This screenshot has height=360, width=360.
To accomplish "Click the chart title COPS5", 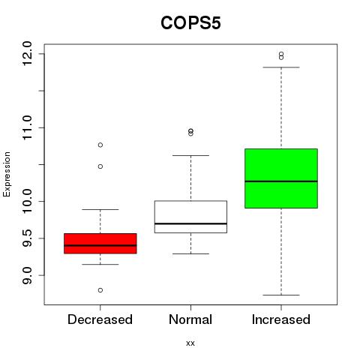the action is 190,23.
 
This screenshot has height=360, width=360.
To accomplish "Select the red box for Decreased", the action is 100,244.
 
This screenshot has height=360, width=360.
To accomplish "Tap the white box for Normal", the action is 190,217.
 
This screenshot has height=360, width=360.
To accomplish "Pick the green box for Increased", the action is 281,178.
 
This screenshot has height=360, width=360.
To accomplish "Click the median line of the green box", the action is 281,181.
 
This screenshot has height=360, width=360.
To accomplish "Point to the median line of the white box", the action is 190,223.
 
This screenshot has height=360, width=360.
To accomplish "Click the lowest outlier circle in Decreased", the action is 100,290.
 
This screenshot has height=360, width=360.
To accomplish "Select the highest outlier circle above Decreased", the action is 100,145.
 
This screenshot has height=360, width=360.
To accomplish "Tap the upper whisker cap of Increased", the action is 281,67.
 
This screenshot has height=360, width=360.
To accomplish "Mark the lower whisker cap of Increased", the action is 281,295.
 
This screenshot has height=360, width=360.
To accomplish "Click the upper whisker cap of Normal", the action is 190,155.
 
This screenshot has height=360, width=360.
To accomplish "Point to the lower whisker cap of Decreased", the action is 100,264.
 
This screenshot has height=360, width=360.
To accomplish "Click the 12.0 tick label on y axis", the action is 27,53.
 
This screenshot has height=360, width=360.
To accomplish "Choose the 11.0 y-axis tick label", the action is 27,127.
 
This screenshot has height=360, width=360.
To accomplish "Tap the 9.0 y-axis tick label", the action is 27,275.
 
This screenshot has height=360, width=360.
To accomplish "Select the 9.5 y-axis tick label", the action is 27,238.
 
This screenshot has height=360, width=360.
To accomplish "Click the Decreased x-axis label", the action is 100,319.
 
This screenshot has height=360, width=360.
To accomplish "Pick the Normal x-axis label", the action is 190,319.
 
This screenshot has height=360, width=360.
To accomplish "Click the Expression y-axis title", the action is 7,174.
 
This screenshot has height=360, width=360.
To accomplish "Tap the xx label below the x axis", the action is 190,343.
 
